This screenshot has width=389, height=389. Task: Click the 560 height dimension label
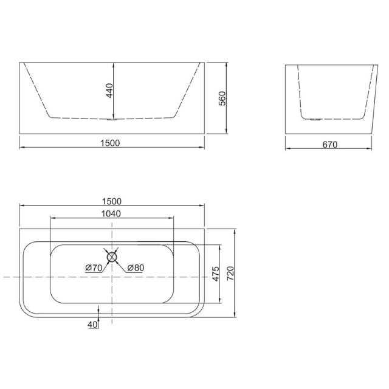tap(222, 98)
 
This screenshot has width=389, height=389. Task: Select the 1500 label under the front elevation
tap(111, 143)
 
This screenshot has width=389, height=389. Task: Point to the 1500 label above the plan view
tap(112, 201)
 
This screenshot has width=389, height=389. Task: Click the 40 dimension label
tap(92, 325)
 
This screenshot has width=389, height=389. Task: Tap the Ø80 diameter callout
tap(135, 267)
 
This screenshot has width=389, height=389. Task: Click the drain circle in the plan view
tap(112, 256)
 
